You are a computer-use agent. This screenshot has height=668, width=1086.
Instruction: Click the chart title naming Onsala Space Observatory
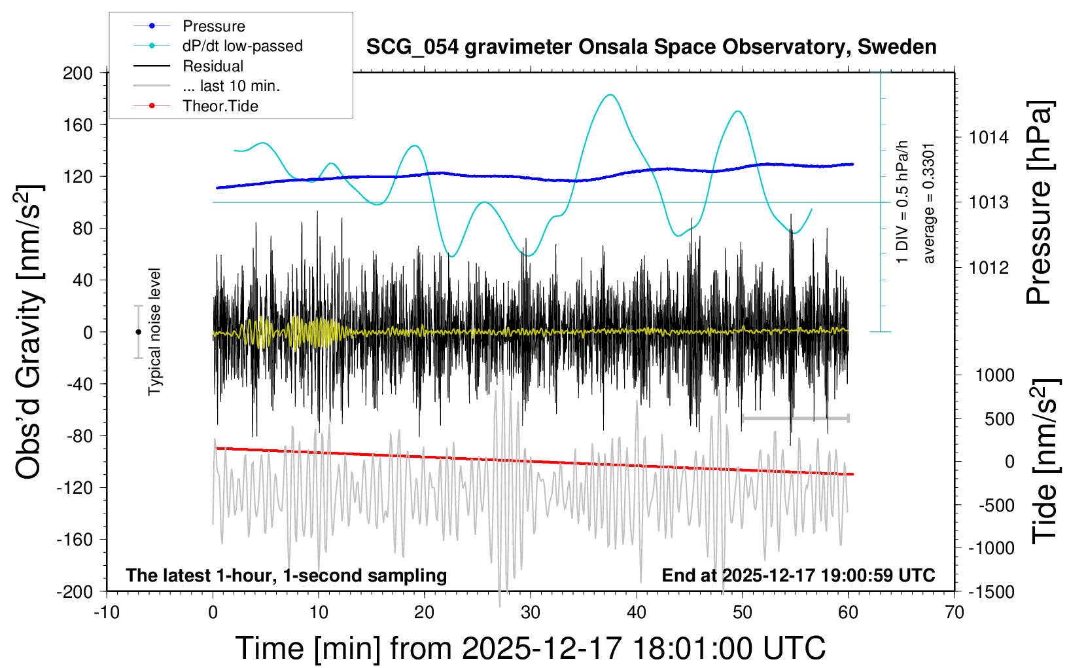pos(651,47)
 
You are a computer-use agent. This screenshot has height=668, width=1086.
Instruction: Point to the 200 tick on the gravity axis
pos(78,73)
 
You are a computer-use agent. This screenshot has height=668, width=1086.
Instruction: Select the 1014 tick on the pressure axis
pos(989,138)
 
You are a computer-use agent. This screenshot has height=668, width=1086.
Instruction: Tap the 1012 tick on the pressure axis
pos(989,267)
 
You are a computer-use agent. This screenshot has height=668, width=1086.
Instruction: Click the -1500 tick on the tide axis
pos(991,592)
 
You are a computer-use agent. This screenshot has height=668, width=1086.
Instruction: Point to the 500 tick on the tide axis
pos(999,419)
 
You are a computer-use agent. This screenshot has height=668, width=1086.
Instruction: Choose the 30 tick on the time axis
pos(531,613)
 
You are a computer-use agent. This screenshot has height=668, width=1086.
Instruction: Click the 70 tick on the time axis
pos(955,613)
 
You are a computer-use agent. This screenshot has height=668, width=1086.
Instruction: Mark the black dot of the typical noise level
pos(138,332)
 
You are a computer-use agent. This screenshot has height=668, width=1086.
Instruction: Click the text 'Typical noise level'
pos(154,331)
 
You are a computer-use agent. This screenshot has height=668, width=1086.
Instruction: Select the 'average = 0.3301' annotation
pos(929,203)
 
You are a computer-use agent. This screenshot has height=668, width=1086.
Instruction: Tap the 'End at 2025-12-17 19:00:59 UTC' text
pos(798,576)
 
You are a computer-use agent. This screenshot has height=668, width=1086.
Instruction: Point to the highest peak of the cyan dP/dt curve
pos(610,95)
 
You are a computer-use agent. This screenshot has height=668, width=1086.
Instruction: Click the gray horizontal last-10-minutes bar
pos(795,418)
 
